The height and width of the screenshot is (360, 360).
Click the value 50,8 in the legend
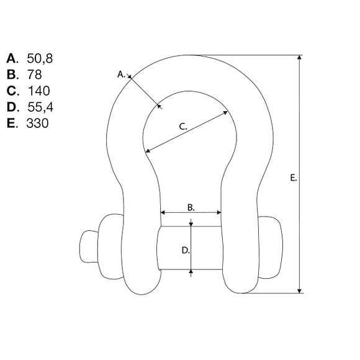point(40,58)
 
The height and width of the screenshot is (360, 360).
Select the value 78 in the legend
point(34,74)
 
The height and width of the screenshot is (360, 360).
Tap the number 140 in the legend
point(38,91)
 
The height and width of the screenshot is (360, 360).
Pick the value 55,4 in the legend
point(40,107)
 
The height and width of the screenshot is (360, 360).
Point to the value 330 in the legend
point(37,124)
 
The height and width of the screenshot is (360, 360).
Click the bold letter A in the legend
point(11,58)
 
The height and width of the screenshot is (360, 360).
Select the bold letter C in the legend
point(11,91)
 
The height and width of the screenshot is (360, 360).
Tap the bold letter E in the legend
point(11,124)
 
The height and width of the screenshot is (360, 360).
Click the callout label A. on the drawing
point(121,74)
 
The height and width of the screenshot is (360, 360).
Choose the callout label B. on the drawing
point(191,207)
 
